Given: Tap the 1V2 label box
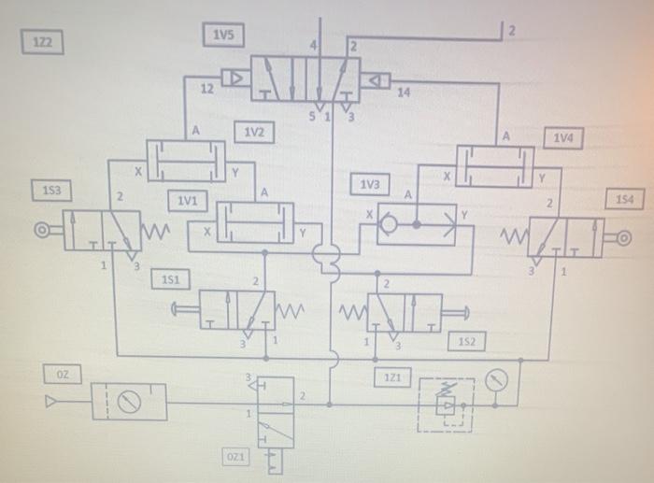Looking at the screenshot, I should (x=255, y=133).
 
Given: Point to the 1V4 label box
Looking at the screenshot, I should (x=563, y=138).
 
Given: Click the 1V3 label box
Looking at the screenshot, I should (x=370, y=184).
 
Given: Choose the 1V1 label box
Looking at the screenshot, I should (x=187, y=201).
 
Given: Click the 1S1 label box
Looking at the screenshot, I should (x=172, y=278).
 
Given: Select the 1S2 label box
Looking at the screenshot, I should (x=466, y=342).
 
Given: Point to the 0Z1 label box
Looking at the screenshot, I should (x=236, y=456).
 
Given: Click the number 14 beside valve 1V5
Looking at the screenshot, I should (x=403, y=93).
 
